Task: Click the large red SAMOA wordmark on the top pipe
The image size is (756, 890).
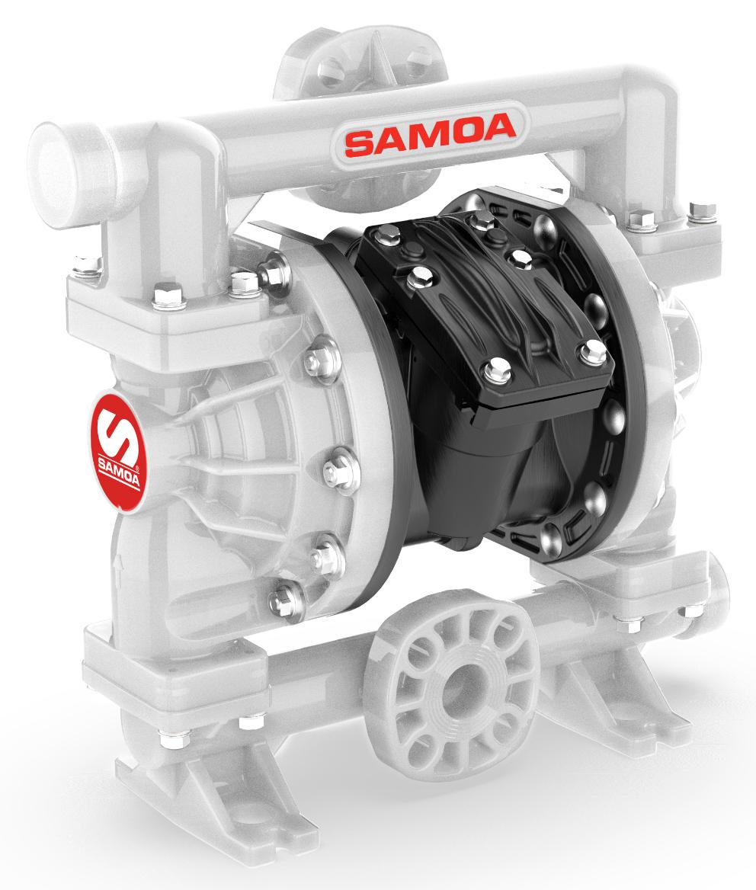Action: [431, 135]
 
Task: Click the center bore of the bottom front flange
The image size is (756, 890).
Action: [453, 689]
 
